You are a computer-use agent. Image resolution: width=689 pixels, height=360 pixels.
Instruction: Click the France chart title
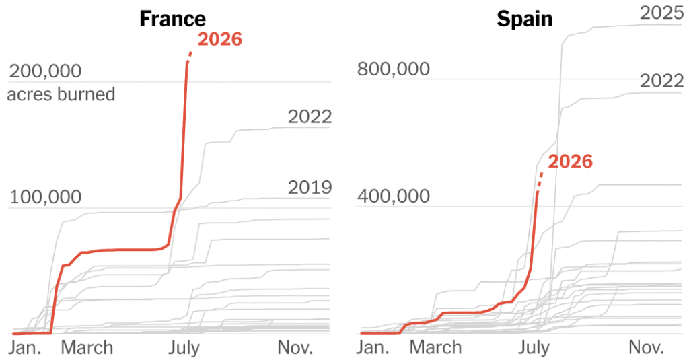(173, 19)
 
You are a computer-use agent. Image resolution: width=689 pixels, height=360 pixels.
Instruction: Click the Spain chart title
(525, 20)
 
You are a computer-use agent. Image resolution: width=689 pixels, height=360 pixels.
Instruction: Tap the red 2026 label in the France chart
(220, 39)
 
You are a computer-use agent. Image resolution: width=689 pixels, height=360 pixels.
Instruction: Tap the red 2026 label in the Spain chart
(571, 161)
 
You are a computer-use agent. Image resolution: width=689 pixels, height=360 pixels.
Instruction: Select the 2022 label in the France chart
(310, 117)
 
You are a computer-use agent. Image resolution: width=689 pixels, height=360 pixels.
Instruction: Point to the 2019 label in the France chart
(310, 188)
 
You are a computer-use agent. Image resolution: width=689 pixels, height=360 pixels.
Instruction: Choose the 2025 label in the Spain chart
(662, 13)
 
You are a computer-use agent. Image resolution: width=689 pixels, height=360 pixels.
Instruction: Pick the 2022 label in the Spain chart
(662, 81)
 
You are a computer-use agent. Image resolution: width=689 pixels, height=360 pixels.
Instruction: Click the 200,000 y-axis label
(45, 71)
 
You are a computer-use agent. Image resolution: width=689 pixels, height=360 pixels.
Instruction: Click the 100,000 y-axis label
(45, 197)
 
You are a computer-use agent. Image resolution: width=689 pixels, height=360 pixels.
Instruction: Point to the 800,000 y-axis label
(393, 69)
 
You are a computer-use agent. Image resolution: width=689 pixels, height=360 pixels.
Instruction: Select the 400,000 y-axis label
(393, 196)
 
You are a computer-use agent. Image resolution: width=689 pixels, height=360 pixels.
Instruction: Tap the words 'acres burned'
(61, 94)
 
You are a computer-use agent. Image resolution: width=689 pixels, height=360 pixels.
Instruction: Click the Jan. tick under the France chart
(25, 348)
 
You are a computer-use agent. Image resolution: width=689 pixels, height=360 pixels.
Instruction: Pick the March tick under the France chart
(87, 348)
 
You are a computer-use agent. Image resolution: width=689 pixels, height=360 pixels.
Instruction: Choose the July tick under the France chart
(184, 349)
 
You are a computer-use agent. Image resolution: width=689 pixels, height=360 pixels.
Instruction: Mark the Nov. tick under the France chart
(295, 348)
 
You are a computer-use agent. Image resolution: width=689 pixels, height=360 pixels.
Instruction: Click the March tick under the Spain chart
(435, 348)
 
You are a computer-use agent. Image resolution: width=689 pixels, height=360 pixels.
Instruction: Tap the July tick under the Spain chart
(534, 349)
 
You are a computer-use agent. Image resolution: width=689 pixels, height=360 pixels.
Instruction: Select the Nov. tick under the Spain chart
(646, 348)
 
